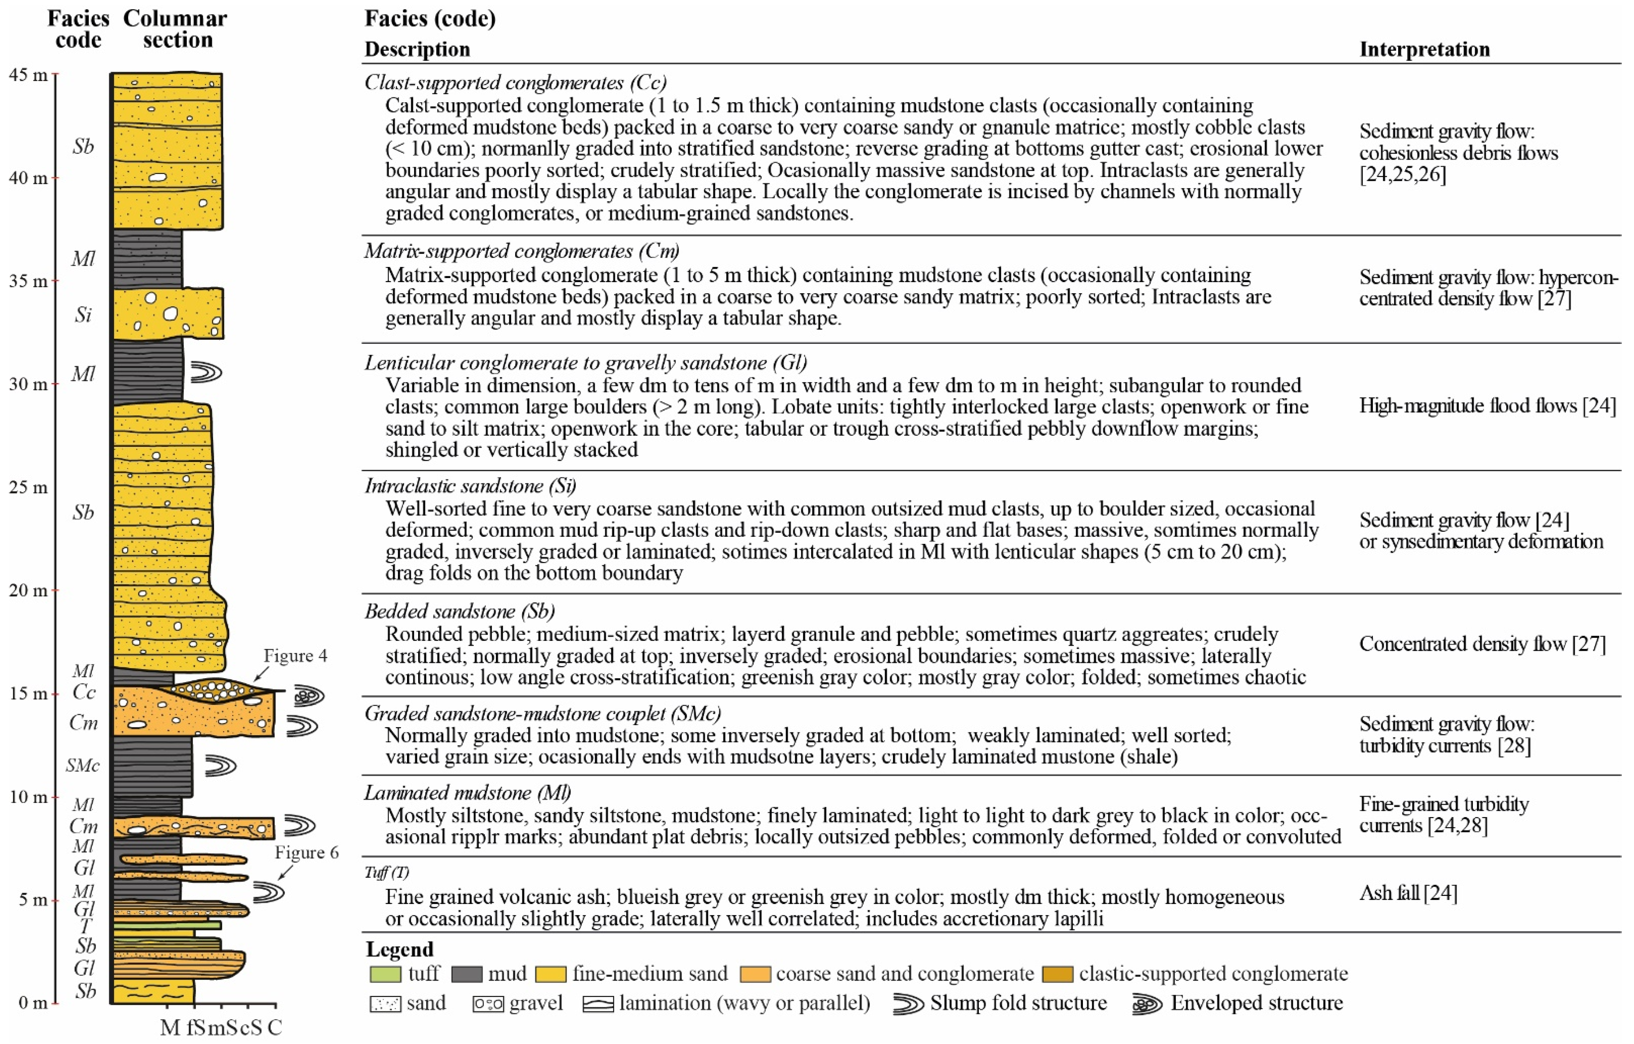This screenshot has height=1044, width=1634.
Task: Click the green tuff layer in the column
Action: tap(166, 925)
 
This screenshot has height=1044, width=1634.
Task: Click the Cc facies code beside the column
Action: tap(84, 692)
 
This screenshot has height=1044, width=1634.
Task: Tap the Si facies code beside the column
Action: tap(83, 315)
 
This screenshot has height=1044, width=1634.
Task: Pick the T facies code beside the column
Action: tap(85, 926)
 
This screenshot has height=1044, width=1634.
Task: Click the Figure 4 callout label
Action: tap(295, 655)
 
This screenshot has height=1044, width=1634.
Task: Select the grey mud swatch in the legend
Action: tap(466, 974)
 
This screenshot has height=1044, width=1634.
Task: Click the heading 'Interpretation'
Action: tap(1424, 49)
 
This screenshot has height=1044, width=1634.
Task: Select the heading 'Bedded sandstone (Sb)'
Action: tap(459, 611)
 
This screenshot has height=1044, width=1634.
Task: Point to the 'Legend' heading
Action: tap(399, 949)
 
